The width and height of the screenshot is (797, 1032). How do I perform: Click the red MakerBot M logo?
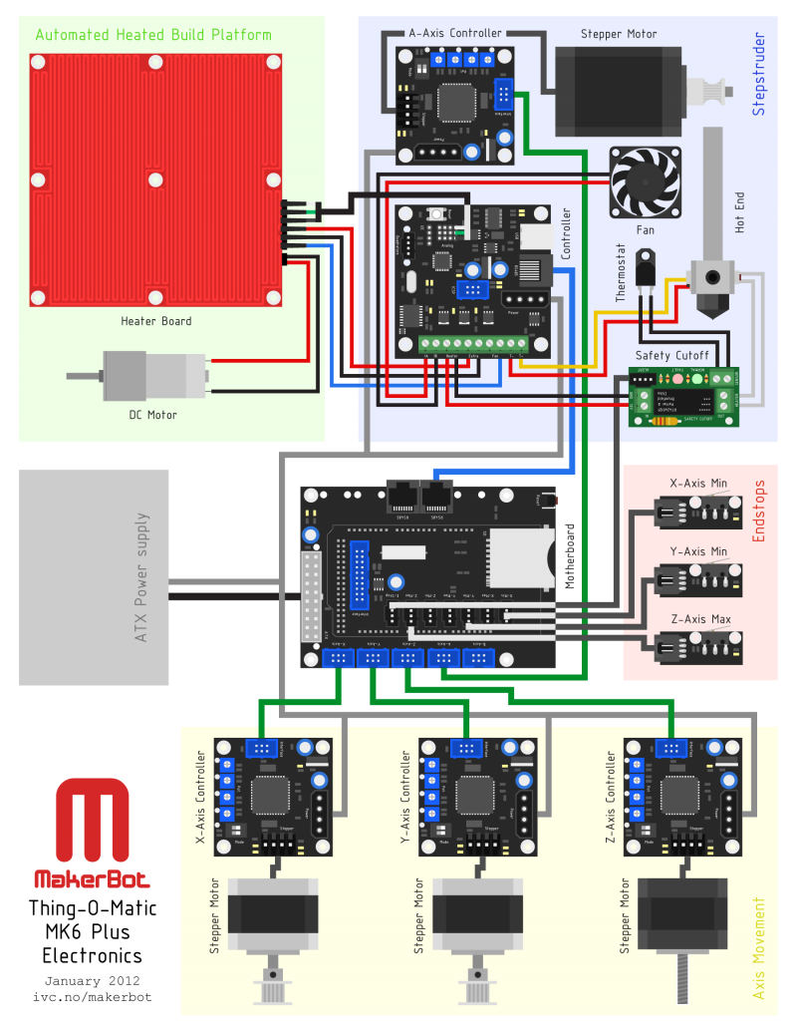click(x=93, y=822)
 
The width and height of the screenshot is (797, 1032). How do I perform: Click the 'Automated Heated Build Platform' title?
click(x=152, y=35)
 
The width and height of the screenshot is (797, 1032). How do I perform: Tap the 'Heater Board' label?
click(x=156, y=321)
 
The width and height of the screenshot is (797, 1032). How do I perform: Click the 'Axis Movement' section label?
click(x=759, y=948)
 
